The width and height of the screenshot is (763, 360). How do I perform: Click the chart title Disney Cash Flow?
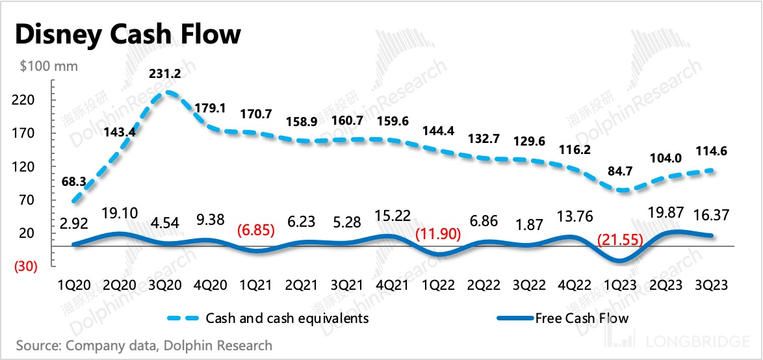pos(127,34)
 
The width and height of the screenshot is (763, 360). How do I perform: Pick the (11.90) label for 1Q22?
pos(438,233)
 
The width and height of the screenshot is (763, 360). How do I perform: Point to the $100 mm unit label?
pos(49,66)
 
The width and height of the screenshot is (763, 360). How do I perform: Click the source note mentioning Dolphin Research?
pos(144,345)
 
